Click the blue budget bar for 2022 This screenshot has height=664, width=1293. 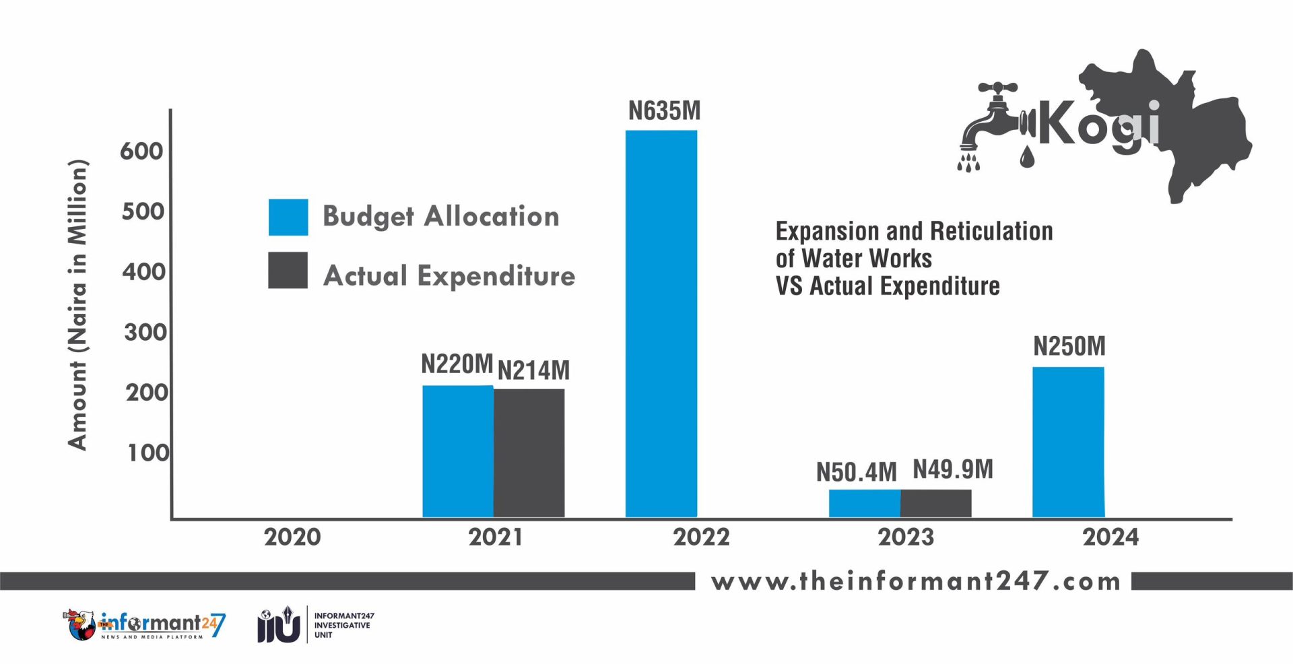click(661, 323)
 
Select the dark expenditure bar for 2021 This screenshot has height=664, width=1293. click(529, 453)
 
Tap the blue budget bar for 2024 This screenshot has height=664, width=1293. click(1068, 442)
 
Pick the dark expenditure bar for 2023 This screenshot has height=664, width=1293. click(935, 503)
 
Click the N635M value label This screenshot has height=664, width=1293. click(664, 111)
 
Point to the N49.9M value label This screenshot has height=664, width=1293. click(952, 469)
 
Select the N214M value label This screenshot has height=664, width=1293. click(533, 370)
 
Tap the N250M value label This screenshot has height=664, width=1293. click(1069, 346)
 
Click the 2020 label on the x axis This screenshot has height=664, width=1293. click(292, 537)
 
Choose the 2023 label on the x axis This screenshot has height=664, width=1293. click(906, 537)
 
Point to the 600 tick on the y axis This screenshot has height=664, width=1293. click(141, 152)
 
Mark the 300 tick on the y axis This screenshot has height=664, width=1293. click(145, 332)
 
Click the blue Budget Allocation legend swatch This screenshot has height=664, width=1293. click(288, 217)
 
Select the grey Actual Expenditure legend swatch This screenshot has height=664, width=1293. click(288, 270)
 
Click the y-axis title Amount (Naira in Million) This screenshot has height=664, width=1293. click(78, 304)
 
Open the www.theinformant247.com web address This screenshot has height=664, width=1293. click(915, 581)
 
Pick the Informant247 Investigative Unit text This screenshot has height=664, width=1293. click(343, 625)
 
